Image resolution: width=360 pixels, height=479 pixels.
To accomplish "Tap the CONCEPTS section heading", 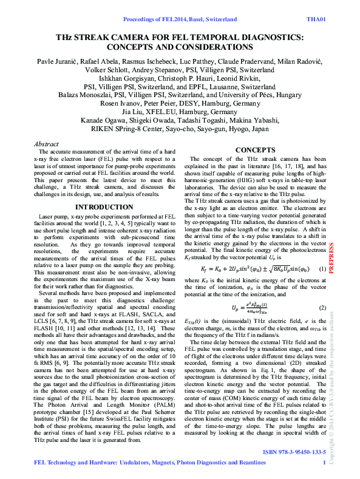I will pyautogui.click(x=255, y=149).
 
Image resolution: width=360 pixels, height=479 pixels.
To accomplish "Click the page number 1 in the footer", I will pyautogui.click(x=325, y=464).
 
